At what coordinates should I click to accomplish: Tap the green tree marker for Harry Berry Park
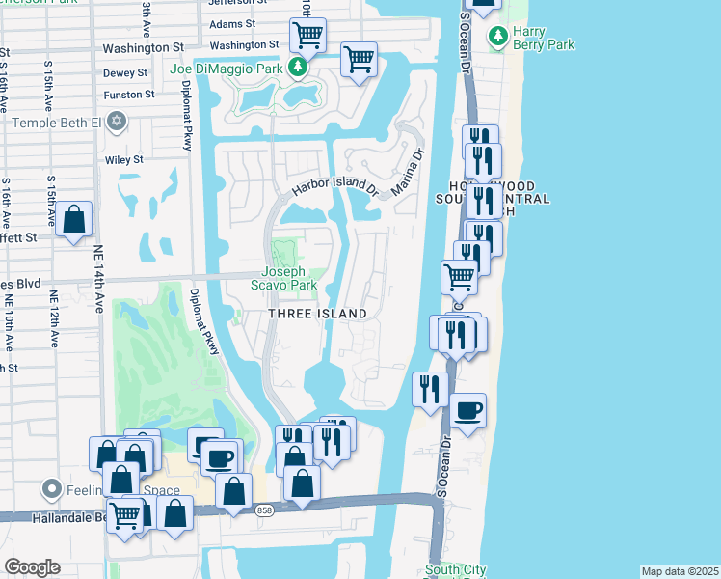click(x=498, y=37)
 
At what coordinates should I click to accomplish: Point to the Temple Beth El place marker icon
click(x=118, y=122)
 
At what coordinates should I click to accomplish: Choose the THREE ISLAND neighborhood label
click(x=317, y=314)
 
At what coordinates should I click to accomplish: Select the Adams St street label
click(x=231, y=22)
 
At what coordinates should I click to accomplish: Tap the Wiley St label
click(x=123, y=159)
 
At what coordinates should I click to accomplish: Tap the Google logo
click(x=32, y=566)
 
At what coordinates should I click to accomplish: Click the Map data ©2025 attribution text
click(x=680, y=571)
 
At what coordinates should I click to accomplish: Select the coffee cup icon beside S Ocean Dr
click(x=468, y=410)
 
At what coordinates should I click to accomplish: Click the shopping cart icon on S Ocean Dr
click(x=460, y=277)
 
